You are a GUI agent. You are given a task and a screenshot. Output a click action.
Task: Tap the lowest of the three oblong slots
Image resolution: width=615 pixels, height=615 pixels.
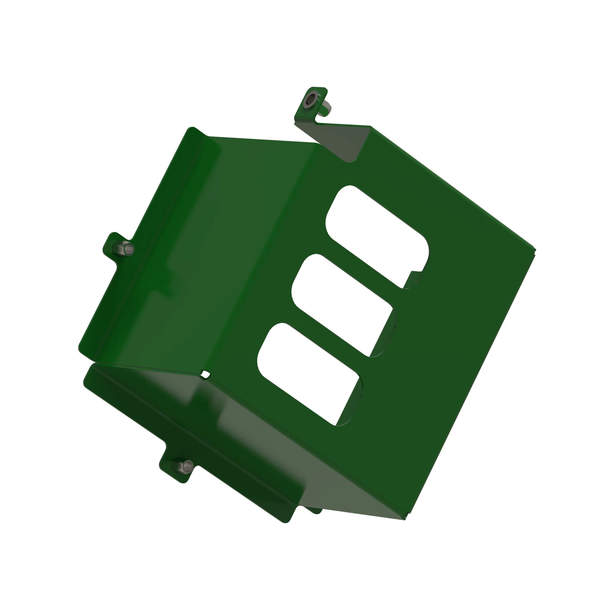click(309, 374)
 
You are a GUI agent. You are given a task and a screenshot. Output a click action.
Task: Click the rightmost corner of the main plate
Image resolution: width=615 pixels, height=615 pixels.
click(534, 249)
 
